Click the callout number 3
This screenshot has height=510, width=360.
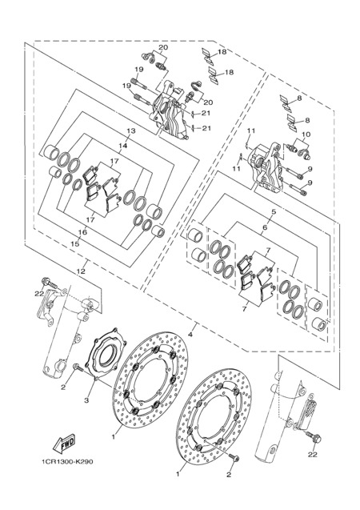point(86,400)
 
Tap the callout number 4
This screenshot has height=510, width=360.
point(190,334)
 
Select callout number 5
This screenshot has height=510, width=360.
point(274,211)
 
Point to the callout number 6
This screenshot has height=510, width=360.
point(265,227)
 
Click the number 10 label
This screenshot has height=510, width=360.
point(306,135)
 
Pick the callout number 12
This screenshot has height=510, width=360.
point(81,271)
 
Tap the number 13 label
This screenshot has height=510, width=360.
point(130,131)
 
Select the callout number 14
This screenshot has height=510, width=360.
point(122,146)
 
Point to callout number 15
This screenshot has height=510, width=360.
point(74,244)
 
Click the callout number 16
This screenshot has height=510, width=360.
point(83,232)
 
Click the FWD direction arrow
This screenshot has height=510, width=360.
point(64,444)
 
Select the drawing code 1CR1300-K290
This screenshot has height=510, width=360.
point(67,461)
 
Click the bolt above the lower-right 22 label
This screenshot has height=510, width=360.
point(314,438)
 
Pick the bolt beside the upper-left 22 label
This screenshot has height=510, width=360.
point(50,283)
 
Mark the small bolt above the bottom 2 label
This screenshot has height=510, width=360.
point(234,458)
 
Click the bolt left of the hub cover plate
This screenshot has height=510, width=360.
point(78,367)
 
